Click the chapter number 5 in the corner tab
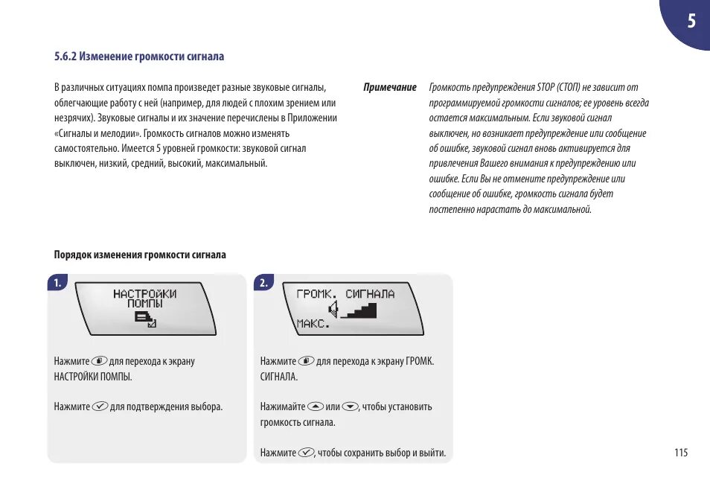(691, 21)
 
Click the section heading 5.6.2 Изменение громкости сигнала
(139, 57)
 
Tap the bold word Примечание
(389, 88)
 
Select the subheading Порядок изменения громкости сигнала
(140, 255)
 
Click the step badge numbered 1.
(57, 283)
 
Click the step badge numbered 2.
(263, 283)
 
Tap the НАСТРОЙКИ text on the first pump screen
(144, 293)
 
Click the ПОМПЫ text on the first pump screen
(144, 304)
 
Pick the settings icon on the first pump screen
(144, 319)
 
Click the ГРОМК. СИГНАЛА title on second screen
(345, 293)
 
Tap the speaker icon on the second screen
(336, 309)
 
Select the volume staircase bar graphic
(359, 309)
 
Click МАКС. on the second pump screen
(313, 324)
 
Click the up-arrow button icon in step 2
(316, 406)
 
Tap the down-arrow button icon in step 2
(351, 406)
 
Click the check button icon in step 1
(100, 406)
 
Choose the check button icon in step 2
(306, 453)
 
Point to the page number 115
(681, 453)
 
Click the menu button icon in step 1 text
(100, 361)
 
